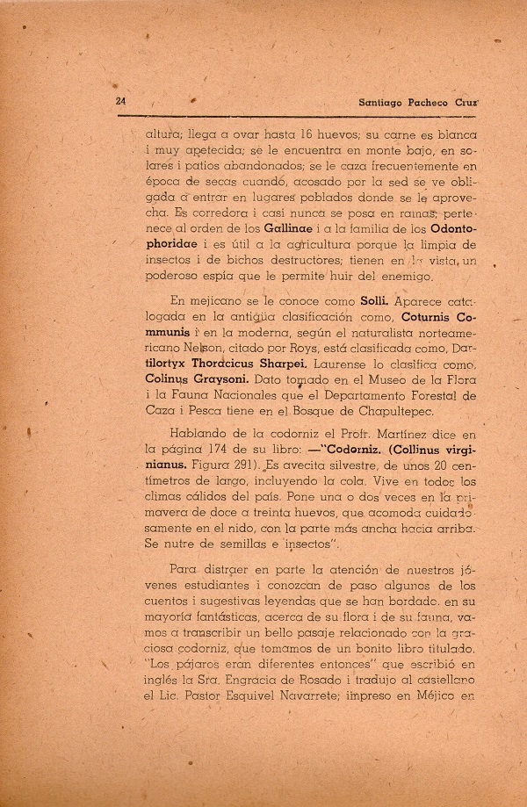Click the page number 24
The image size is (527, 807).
click(122, 101)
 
